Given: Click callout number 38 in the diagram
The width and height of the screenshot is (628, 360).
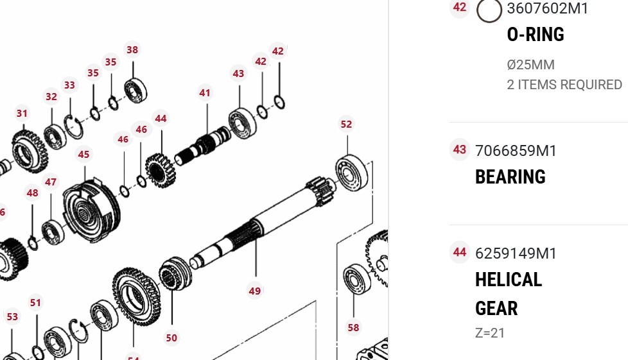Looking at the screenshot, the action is coord(132,49).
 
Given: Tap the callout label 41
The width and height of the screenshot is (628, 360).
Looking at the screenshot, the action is coord(205,93).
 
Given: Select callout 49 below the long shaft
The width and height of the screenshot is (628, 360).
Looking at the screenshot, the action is coord(255,291).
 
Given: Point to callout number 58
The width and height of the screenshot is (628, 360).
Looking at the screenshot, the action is coord(353,327).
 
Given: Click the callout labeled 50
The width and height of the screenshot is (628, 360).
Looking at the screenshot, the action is coord(171,338).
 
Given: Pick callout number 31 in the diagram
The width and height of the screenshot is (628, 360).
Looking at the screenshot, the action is coord(22,114).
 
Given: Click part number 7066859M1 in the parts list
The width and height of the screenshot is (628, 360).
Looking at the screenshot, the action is coord(516,151).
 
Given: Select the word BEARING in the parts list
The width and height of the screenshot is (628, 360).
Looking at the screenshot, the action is coord(510,176).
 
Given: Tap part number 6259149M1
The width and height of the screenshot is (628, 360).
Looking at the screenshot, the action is coord(516,253).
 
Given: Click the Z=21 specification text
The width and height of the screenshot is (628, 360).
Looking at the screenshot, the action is coord(490,333).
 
